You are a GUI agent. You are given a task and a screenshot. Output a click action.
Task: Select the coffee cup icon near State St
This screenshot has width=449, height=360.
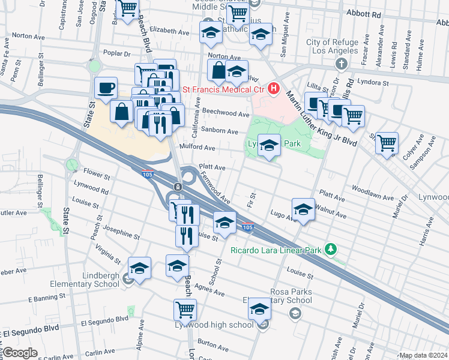pyautogui.click(x=106, y=88)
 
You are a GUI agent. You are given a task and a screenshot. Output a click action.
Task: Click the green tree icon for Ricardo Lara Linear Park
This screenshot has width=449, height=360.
pyautogui.click(x=329, y=248)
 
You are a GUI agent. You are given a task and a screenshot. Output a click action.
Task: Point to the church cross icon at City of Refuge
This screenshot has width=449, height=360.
pyautogui.click(x=342, y=63)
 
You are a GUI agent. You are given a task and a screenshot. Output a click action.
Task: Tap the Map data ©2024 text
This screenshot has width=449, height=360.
pyautogui.click(x=424, y=355)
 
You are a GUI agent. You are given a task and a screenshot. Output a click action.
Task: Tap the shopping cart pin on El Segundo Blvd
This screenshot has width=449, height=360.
pyautogui.click(x=185, y=310)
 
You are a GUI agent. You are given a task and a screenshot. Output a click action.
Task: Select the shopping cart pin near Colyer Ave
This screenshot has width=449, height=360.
pyautogui.click(x=387, y=142)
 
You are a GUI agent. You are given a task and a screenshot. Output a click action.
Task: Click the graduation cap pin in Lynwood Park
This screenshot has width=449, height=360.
pyautogui.click(x=270, y=145)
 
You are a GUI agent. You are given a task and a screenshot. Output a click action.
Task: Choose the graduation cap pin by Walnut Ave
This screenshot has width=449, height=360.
pyautogui.click(x=304, y=209)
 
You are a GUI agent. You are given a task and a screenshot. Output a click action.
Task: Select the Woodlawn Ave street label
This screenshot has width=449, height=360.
pyautogui.click(x=369, y=188)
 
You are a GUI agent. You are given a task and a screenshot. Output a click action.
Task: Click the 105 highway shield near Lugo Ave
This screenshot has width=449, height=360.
pyautogui.click(x=247, y=226)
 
